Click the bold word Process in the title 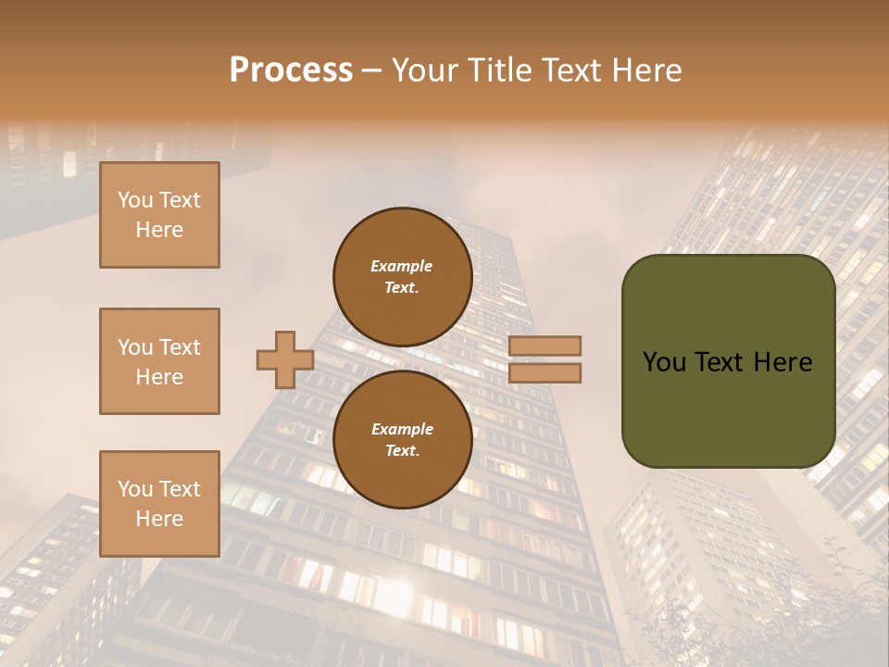pos(291,70)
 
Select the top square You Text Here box pos(159,215)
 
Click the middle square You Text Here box pos(159,361)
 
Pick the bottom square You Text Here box pos(159,504)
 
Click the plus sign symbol pos(285,359)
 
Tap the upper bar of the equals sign pos(545,346)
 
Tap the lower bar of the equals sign pos(545,372)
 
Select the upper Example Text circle pos(402,277)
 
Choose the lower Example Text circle pos(402,440)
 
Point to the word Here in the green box pos(783,362)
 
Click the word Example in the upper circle pos(402,266)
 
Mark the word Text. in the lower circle pos(402,451)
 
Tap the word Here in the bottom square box pos(159,519)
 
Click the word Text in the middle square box pos(179,347)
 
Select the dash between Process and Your pos(372,70)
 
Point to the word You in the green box pos(665,362)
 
